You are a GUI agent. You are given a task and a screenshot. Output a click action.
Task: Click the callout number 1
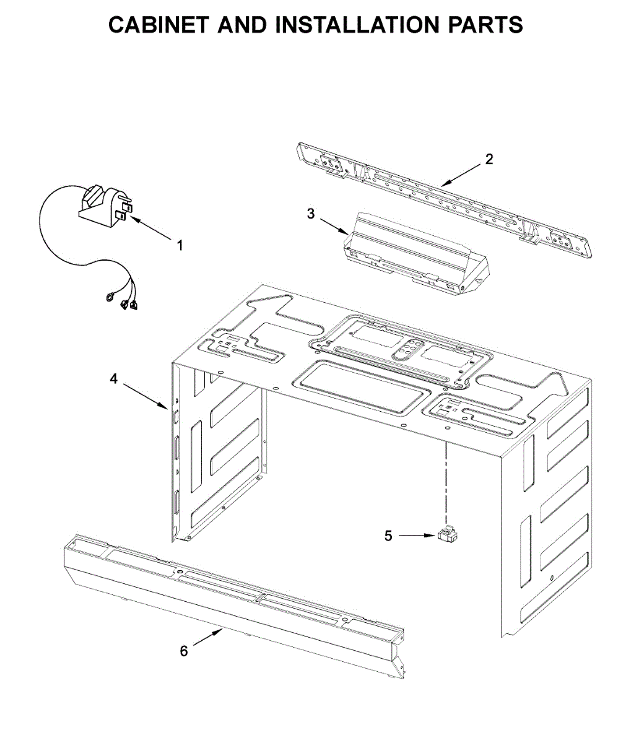180,246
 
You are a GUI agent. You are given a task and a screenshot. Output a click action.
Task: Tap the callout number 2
489,159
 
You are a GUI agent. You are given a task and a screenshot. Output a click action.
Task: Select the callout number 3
311,214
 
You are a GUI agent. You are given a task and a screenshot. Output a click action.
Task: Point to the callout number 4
113,378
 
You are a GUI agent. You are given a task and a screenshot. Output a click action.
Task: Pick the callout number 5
388,536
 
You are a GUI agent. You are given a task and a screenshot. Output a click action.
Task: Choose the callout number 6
184,651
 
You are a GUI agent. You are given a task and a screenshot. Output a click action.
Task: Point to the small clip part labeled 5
447,535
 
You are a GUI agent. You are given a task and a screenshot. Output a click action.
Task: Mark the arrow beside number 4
144,397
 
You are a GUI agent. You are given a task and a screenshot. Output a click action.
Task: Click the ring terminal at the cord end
110,298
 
